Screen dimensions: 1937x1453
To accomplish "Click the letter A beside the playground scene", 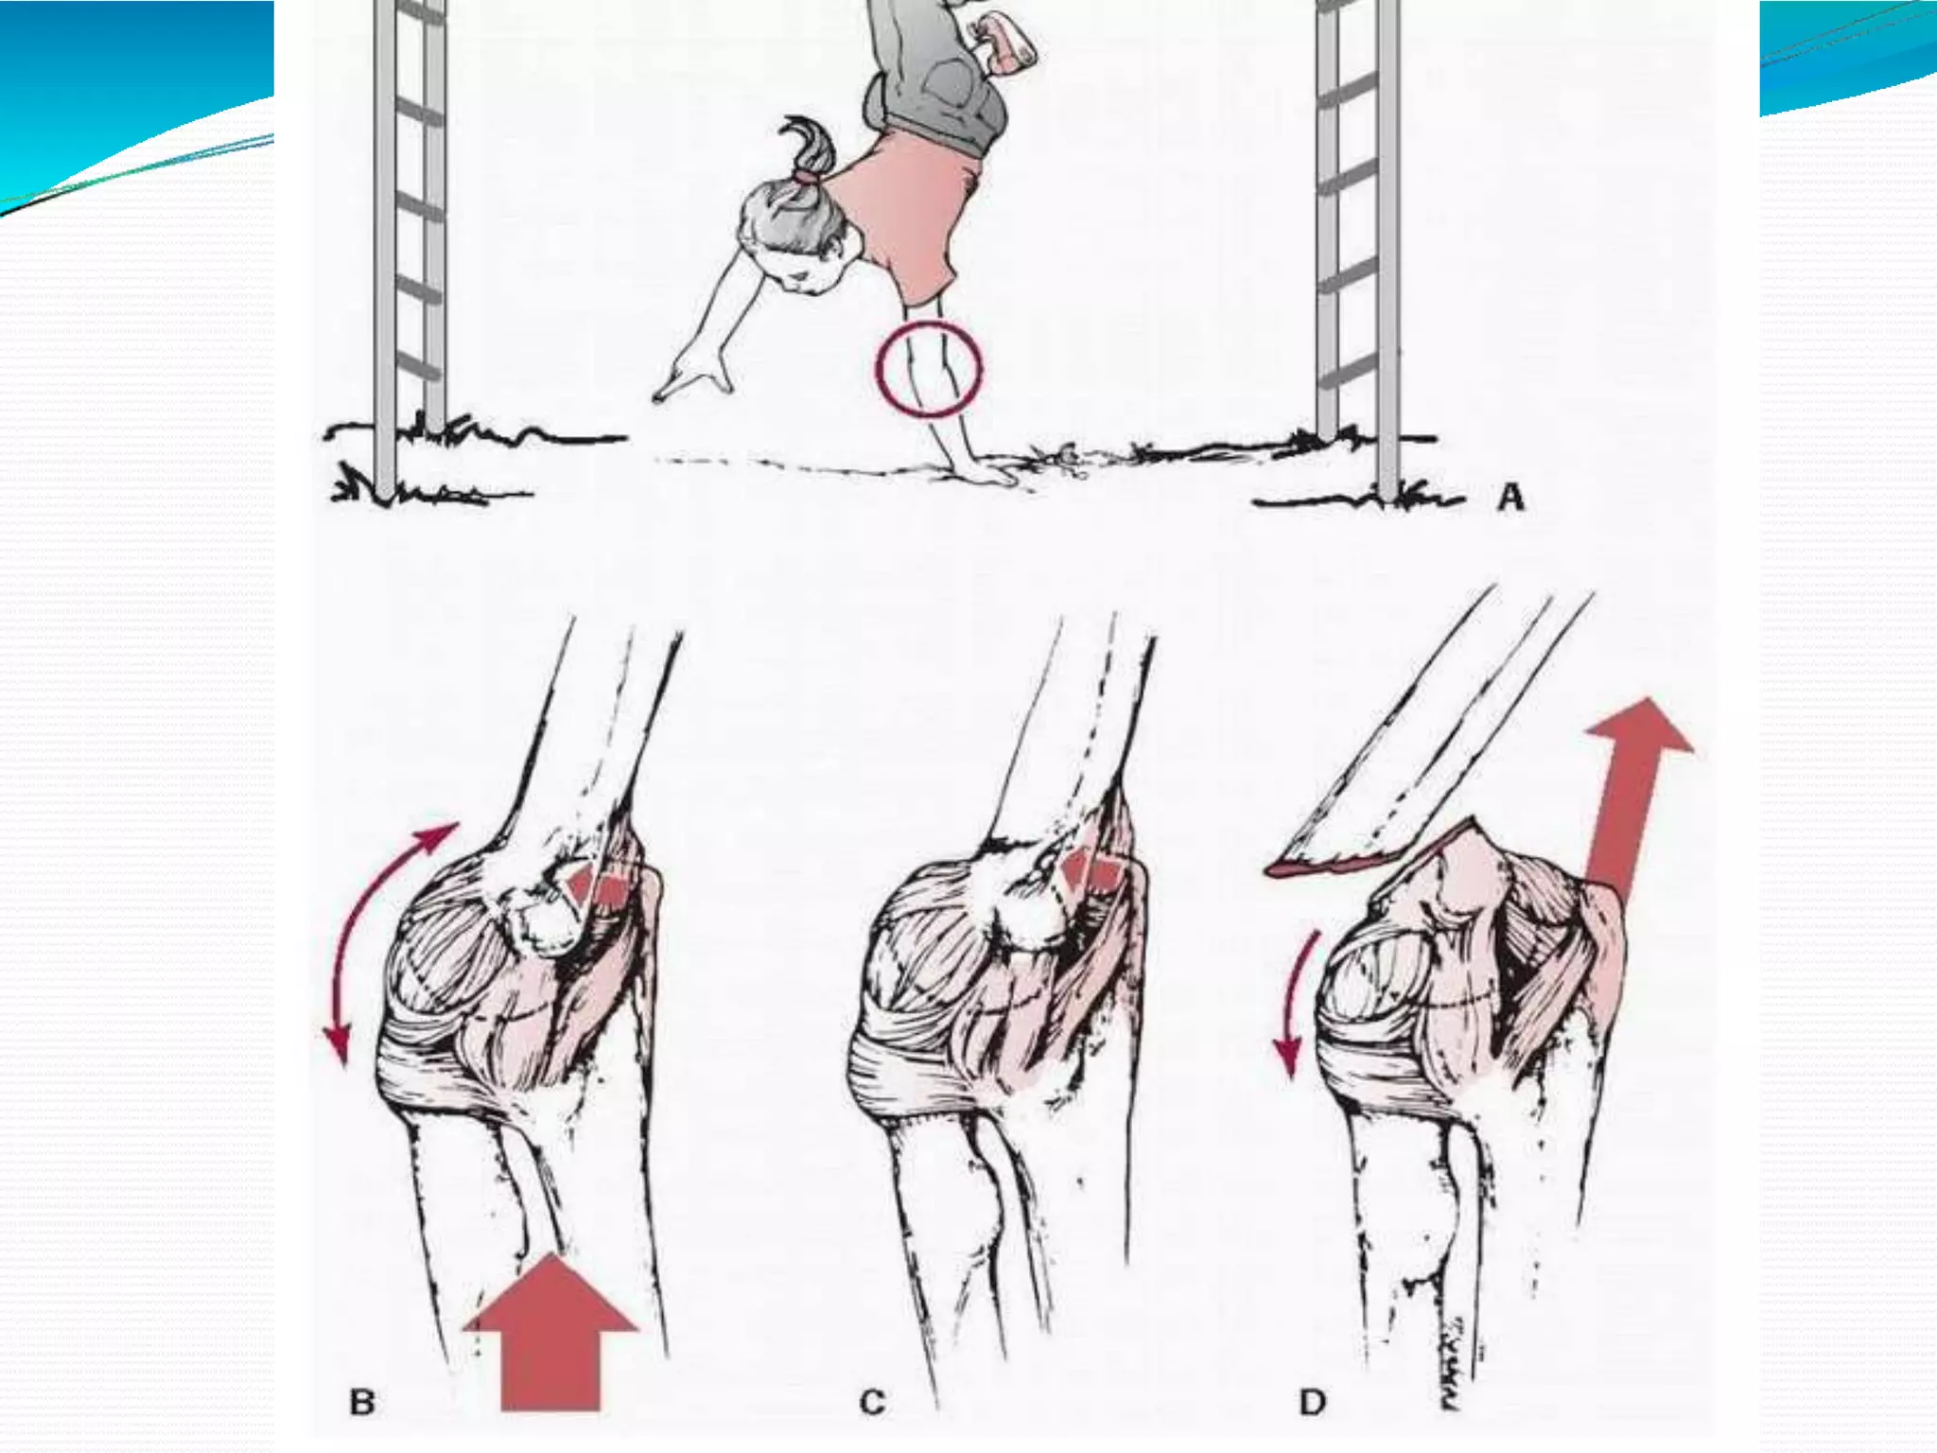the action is (1511, 498).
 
